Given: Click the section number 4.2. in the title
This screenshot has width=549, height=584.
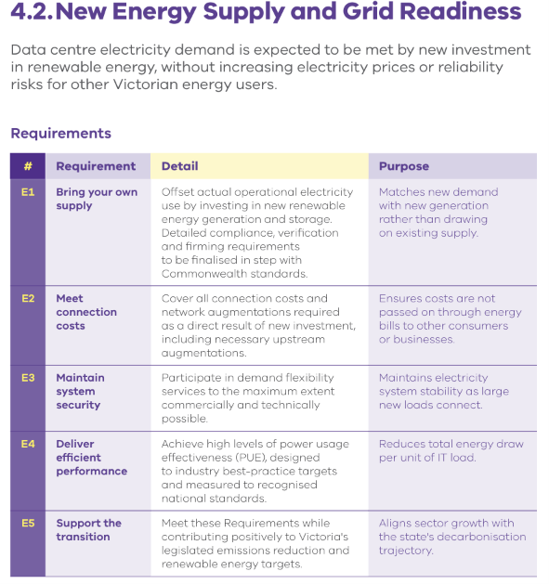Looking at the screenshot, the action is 33,11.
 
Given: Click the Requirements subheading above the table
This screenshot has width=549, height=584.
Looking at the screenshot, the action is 60,134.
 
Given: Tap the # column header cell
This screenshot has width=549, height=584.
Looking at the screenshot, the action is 28,166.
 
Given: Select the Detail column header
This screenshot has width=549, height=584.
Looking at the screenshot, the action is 179,166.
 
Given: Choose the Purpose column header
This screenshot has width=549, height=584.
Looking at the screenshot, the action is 404,166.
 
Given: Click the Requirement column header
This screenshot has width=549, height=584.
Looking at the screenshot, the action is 96,166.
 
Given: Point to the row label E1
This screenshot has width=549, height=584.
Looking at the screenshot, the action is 28,192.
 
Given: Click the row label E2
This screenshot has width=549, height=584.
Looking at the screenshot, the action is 28,299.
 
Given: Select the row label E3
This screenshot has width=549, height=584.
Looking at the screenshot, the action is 28,378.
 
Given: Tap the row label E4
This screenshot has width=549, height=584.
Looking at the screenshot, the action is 28,444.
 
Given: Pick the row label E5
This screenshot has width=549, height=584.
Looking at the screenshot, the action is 28,524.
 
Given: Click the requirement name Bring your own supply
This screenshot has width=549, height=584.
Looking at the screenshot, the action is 97,199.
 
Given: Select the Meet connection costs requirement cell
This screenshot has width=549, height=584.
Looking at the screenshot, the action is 86,312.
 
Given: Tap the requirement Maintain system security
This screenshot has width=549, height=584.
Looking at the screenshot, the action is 80,392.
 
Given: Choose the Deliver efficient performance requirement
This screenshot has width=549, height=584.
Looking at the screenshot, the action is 92,458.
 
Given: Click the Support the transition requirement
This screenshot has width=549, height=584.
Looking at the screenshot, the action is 88,530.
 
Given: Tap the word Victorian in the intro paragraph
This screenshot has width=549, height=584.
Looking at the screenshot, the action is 146,84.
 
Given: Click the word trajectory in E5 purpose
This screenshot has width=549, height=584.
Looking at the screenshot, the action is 406,551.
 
